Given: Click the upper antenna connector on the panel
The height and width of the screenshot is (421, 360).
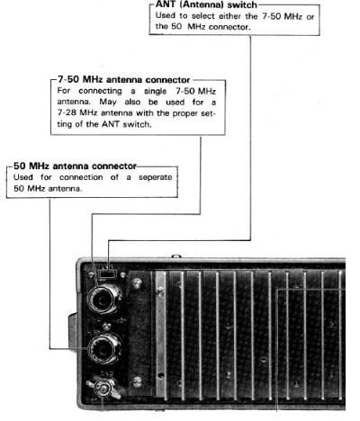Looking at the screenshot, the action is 104,299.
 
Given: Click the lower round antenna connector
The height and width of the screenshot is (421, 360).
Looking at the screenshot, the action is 104,349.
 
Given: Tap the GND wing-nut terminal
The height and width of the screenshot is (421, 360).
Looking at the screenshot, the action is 103,389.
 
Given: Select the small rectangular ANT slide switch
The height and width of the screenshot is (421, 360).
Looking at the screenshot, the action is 107,274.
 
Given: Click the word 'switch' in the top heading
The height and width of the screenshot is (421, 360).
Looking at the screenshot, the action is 242,4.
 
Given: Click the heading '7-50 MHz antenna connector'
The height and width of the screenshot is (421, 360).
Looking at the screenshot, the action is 124,80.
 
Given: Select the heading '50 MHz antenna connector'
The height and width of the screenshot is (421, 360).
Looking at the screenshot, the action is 75,166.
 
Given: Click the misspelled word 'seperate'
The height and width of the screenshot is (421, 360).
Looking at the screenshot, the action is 156,177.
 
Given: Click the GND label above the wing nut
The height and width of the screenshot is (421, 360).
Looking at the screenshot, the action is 104,374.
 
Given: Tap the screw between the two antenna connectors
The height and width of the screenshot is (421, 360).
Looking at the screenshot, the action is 105,327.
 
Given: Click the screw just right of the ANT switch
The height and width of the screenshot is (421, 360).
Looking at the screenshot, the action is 122,274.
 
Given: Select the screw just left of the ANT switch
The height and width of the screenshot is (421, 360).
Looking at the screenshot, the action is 92,274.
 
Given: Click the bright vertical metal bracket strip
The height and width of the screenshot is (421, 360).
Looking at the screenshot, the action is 161,335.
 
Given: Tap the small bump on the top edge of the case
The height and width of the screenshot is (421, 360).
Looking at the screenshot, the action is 176,256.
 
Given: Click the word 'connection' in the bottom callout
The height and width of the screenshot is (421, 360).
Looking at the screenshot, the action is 81,177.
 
